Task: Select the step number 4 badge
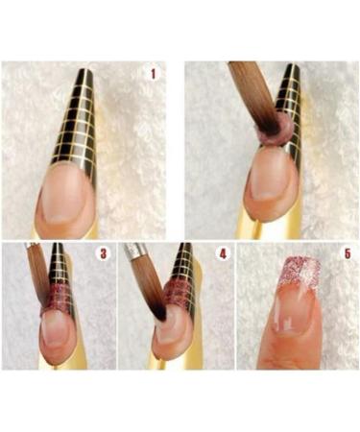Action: click(x=222, y=255)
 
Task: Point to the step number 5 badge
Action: click(x=343, y=255)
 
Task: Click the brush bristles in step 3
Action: click(x=39, y=278)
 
